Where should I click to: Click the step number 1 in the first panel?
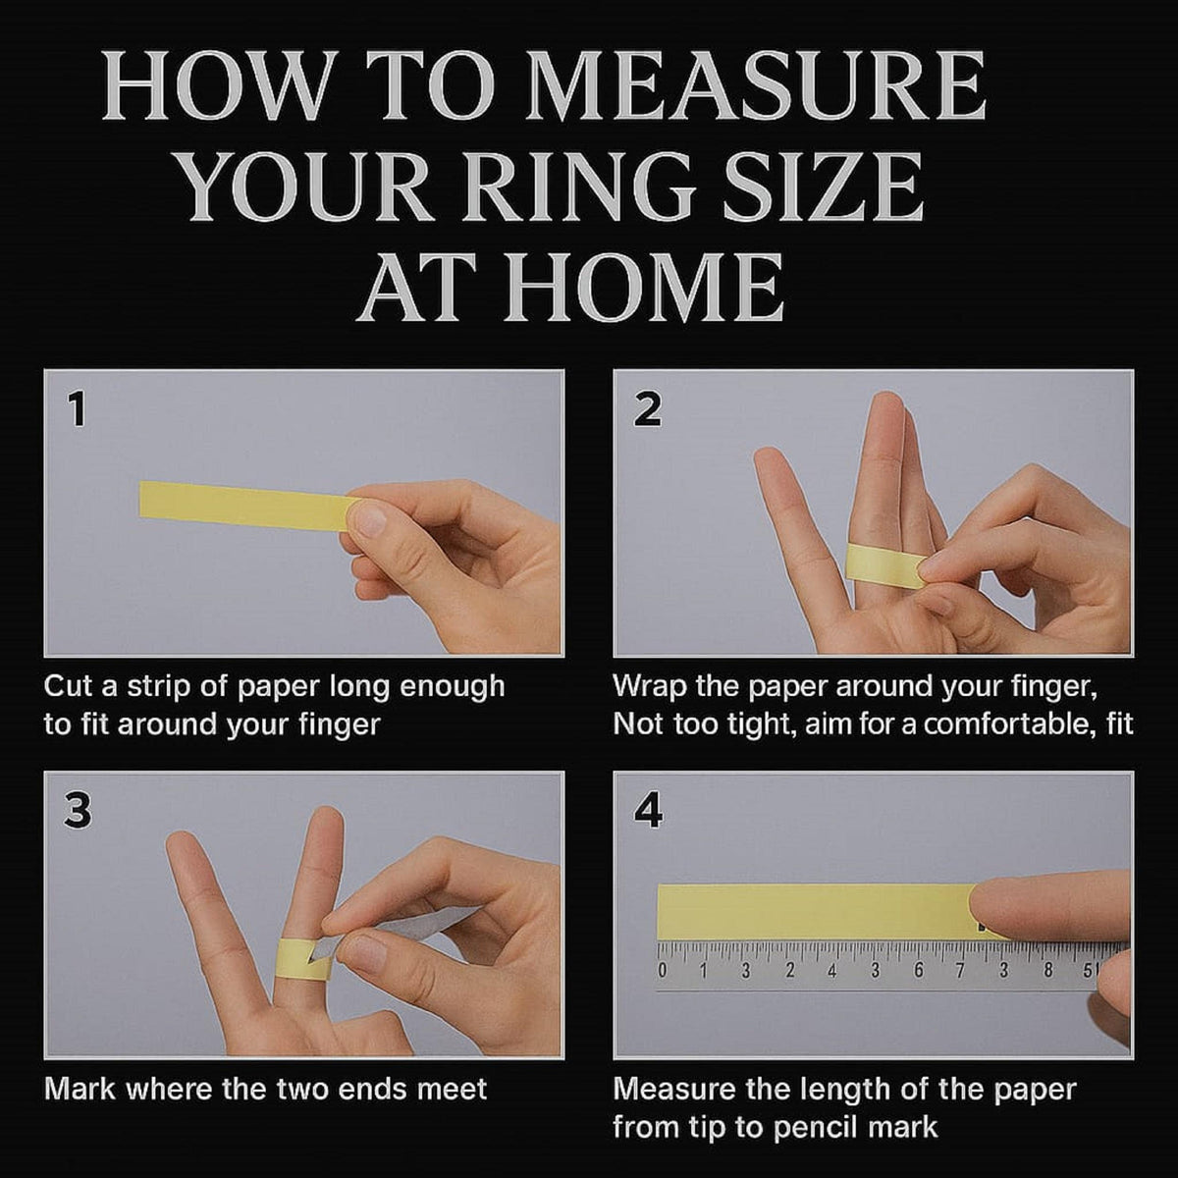click(x=78, y=409)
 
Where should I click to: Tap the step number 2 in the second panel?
click(x=647, y=409)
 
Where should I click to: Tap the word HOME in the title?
click(x=644, y=287)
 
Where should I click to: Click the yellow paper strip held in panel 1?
click(x=244, y=507)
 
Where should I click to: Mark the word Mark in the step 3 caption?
click(x=80, y=1089)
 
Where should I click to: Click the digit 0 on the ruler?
click(x=662, y=970)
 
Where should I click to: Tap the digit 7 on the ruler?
click(x=960, y=970)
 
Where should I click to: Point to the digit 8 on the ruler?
click(x=1048, y=970)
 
